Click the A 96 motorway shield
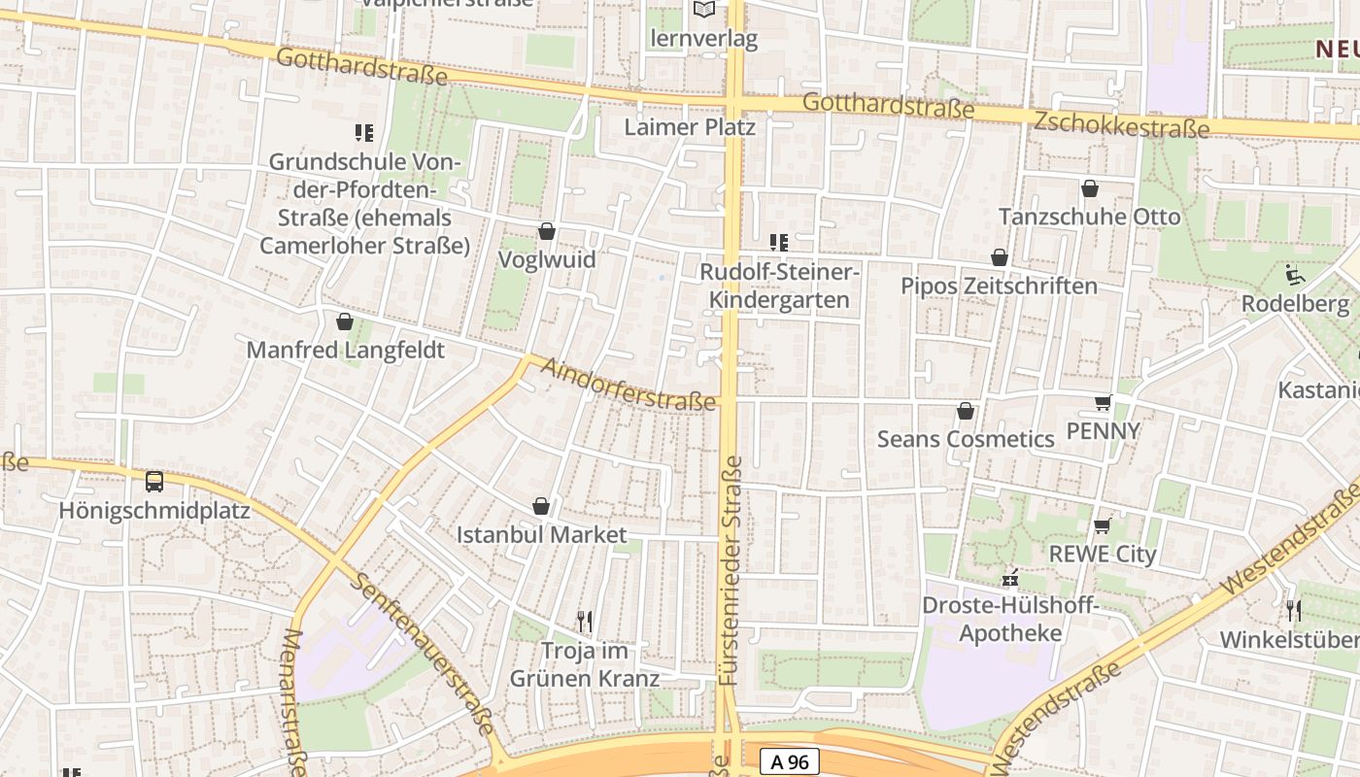[790, 762]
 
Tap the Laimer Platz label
[690, 127]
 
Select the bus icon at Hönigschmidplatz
[153, 481]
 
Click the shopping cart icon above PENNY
[1103, 402]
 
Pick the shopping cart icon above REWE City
[1102, 525]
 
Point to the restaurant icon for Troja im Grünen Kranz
[585, 621]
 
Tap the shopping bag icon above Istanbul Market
[541, 506]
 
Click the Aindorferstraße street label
[629, 386]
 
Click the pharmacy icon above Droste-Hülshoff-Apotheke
[1010, 579]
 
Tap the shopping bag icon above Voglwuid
[547, 231]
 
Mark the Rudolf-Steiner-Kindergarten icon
[778, 242]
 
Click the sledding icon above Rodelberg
[1295, 276]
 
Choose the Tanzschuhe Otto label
[1090, 217]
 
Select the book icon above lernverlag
[703, 10]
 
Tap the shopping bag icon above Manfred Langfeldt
[345, 321]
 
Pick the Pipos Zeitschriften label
[999, 287]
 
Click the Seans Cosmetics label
[966, 439]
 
